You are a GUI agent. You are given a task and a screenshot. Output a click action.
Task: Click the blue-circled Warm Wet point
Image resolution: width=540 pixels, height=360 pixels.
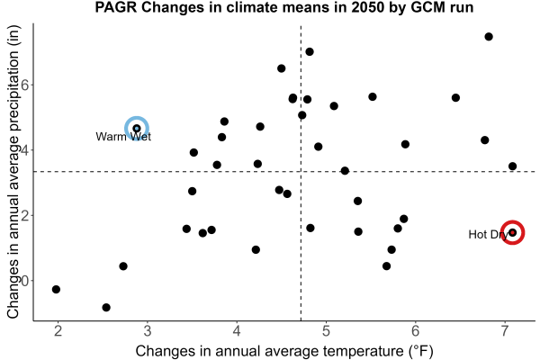(137, 129)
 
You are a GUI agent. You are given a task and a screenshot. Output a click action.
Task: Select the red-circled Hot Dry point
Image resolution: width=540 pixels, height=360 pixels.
(512, 232)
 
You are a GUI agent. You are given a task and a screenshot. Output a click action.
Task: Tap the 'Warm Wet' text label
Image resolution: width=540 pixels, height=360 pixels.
(123, 137)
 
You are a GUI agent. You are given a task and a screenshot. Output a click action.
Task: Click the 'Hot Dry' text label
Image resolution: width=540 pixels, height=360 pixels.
(488, 235)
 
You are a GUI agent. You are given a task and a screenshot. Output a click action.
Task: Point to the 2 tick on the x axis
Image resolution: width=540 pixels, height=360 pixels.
(58, 331)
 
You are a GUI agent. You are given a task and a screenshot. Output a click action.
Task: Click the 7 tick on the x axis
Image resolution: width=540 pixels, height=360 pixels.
(505, 331)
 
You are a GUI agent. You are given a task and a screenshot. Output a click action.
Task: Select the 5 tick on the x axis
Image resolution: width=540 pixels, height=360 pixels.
(326, 331)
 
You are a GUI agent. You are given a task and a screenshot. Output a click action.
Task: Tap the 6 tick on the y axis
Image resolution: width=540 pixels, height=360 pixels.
(25, 85)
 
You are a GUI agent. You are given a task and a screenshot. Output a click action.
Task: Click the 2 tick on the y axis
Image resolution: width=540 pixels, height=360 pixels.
(25, 215)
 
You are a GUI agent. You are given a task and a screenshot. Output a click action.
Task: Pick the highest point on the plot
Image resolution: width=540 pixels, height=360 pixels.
(489, 37)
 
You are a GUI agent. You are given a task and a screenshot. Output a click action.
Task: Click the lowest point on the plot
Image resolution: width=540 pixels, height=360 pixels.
(106, 307)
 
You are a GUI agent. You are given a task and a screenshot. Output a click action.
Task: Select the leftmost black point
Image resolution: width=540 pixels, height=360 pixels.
(56, 290)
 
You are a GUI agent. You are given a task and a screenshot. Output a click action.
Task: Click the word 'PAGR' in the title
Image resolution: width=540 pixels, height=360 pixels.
(116, 7)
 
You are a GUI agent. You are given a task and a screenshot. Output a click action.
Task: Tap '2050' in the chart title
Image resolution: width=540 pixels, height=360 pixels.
(368, 7)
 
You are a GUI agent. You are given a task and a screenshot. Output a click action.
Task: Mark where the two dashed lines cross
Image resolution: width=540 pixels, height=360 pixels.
(301, 171)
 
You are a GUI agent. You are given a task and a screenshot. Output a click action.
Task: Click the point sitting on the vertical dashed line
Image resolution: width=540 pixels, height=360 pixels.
(302, 115)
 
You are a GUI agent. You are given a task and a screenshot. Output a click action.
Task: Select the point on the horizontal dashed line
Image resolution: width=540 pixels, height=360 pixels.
(345, 170)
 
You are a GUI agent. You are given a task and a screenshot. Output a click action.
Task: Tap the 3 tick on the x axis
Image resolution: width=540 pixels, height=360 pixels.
(148, 331)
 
